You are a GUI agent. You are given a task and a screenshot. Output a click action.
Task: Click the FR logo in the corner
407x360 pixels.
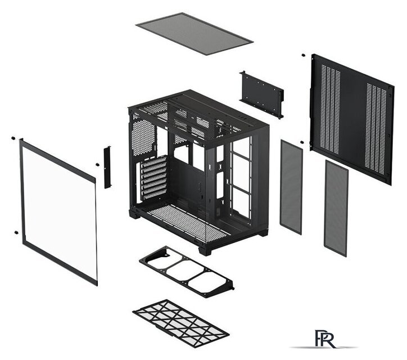(324, 339)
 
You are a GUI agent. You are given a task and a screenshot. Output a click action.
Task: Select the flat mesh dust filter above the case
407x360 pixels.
(194, 34)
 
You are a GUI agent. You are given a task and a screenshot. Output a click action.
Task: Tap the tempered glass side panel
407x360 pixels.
(58, 211)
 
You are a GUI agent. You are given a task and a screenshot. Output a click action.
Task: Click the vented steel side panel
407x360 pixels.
(352, 119)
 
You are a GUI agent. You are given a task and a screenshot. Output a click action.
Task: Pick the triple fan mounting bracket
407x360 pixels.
(187, 272)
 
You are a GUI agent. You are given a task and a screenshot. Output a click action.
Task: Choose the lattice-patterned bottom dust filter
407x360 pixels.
(180, 323)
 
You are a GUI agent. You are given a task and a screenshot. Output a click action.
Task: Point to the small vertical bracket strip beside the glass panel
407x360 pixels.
(107, 167)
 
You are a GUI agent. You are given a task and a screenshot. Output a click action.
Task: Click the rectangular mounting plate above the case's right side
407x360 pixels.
(261, 94)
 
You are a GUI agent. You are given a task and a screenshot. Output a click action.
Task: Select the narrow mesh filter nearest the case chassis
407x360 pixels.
(291, 187)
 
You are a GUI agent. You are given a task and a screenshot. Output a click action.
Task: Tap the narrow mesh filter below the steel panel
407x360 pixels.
(336, 208)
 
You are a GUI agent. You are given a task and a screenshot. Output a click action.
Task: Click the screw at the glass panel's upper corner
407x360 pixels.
(13, 138)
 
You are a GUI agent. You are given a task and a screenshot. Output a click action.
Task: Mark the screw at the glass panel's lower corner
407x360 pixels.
(16, 232)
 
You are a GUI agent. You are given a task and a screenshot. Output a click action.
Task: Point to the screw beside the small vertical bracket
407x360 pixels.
(97, 164)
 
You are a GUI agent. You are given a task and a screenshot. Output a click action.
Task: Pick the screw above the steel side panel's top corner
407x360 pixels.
(303, 55)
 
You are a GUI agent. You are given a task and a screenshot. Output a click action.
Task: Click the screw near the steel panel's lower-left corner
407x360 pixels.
(302, 142)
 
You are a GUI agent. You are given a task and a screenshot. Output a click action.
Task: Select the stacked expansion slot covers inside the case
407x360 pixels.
(154, 178)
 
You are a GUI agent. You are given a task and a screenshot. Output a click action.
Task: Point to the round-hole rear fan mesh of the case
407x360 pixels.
(143, 138)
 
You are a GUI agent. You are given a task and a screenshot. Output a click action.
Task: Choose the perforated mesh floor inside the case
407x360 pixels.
(187, 223)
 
